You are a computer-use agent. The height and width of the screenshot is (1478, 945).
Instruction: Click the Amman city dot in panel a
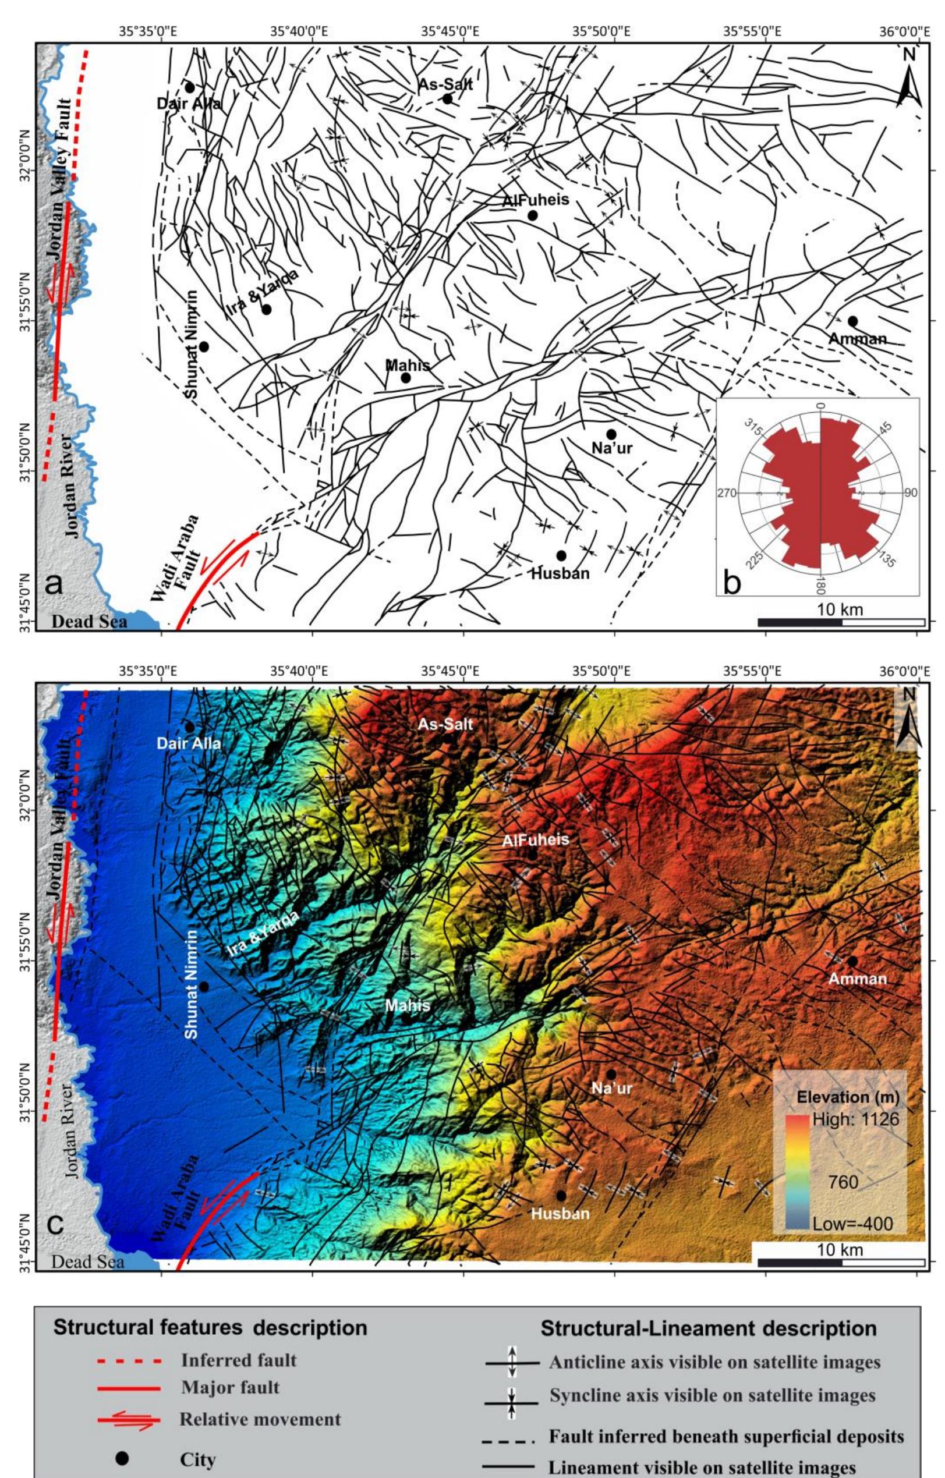coord(852,321)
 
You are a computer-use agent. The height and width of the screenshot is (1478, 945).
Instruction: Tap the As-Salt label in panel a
coord(445,85)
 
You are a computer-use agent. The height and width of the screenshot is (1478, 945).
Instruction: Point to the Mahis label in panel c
coord(407,1005)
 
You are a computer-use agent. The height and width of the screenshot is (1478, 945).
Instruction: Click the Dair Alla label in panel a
coord(189,103)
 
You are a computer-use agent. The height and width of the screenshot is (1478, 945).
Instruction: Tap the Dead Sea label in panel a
coord(90,622)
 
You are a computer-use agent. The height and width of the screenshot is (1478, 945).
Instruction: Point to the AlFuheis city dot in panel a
coord(532,215)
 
